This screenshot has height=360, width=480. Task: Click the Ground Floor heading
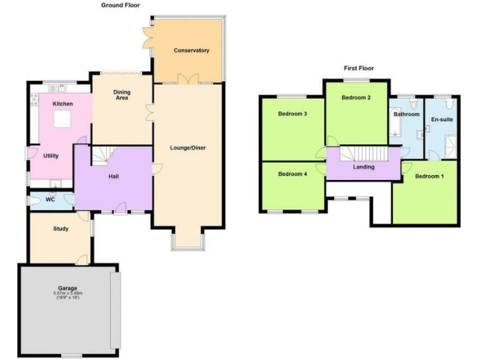point(121,5)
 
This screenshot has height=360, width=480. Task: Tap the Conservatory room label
point(191,51)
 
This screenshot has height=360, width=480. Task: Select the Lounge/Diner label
point(187,148)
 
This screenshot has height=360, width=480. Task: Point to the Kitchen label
point(62,104)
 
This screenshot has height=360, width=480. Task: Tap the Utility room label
point(51,156)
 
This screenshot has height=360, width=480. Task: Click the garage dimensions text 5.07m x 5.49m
point(67,292)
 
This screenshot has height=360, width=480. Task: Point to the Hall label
point(114,176)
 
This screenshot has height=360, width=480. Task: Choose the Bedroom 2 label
point(356,97)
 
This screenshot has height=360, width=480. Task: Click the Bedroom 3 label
point(292,114)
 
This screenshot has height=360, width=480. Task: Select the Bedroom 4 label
point(292,174)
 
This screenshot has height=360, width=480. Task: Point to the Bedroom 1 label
point(429,176)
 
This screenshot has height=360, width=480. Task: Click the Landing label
point(364,167)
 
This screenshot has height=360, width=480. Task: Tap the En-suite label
point(442,119)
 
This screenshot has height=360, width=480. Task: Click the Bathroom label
point(406,115)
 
